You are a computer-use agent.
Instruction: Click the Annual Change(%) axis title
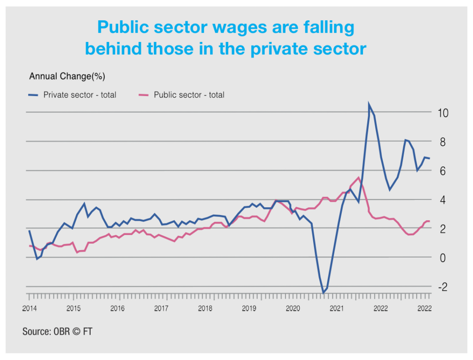click(70, 76)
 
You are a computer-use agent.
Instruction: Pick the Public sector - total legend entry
click(189, 95)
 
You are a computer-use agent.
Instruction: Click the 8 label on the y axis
click(442, 142)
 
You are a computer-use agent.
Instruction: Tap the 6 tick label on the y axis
click(442, 171)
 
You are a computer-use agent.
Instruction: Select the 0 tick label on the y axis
click(442, 258)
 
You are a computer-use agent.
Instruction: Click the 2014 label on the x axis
click(30, 308)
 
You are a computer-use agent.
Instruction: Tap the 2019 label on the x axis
click(249, 308)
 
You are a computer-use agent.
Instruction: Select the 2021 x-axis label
click(337, 308)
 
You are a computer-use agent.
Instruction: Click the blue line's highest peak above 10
click(369, 105)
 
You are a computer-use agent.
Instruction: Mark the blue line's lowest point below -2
click(323, 292)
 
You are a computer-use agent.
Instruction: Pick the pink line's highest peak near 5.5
click(358, 178)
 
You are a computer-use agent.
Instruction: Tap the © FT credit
click(84, 331)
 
